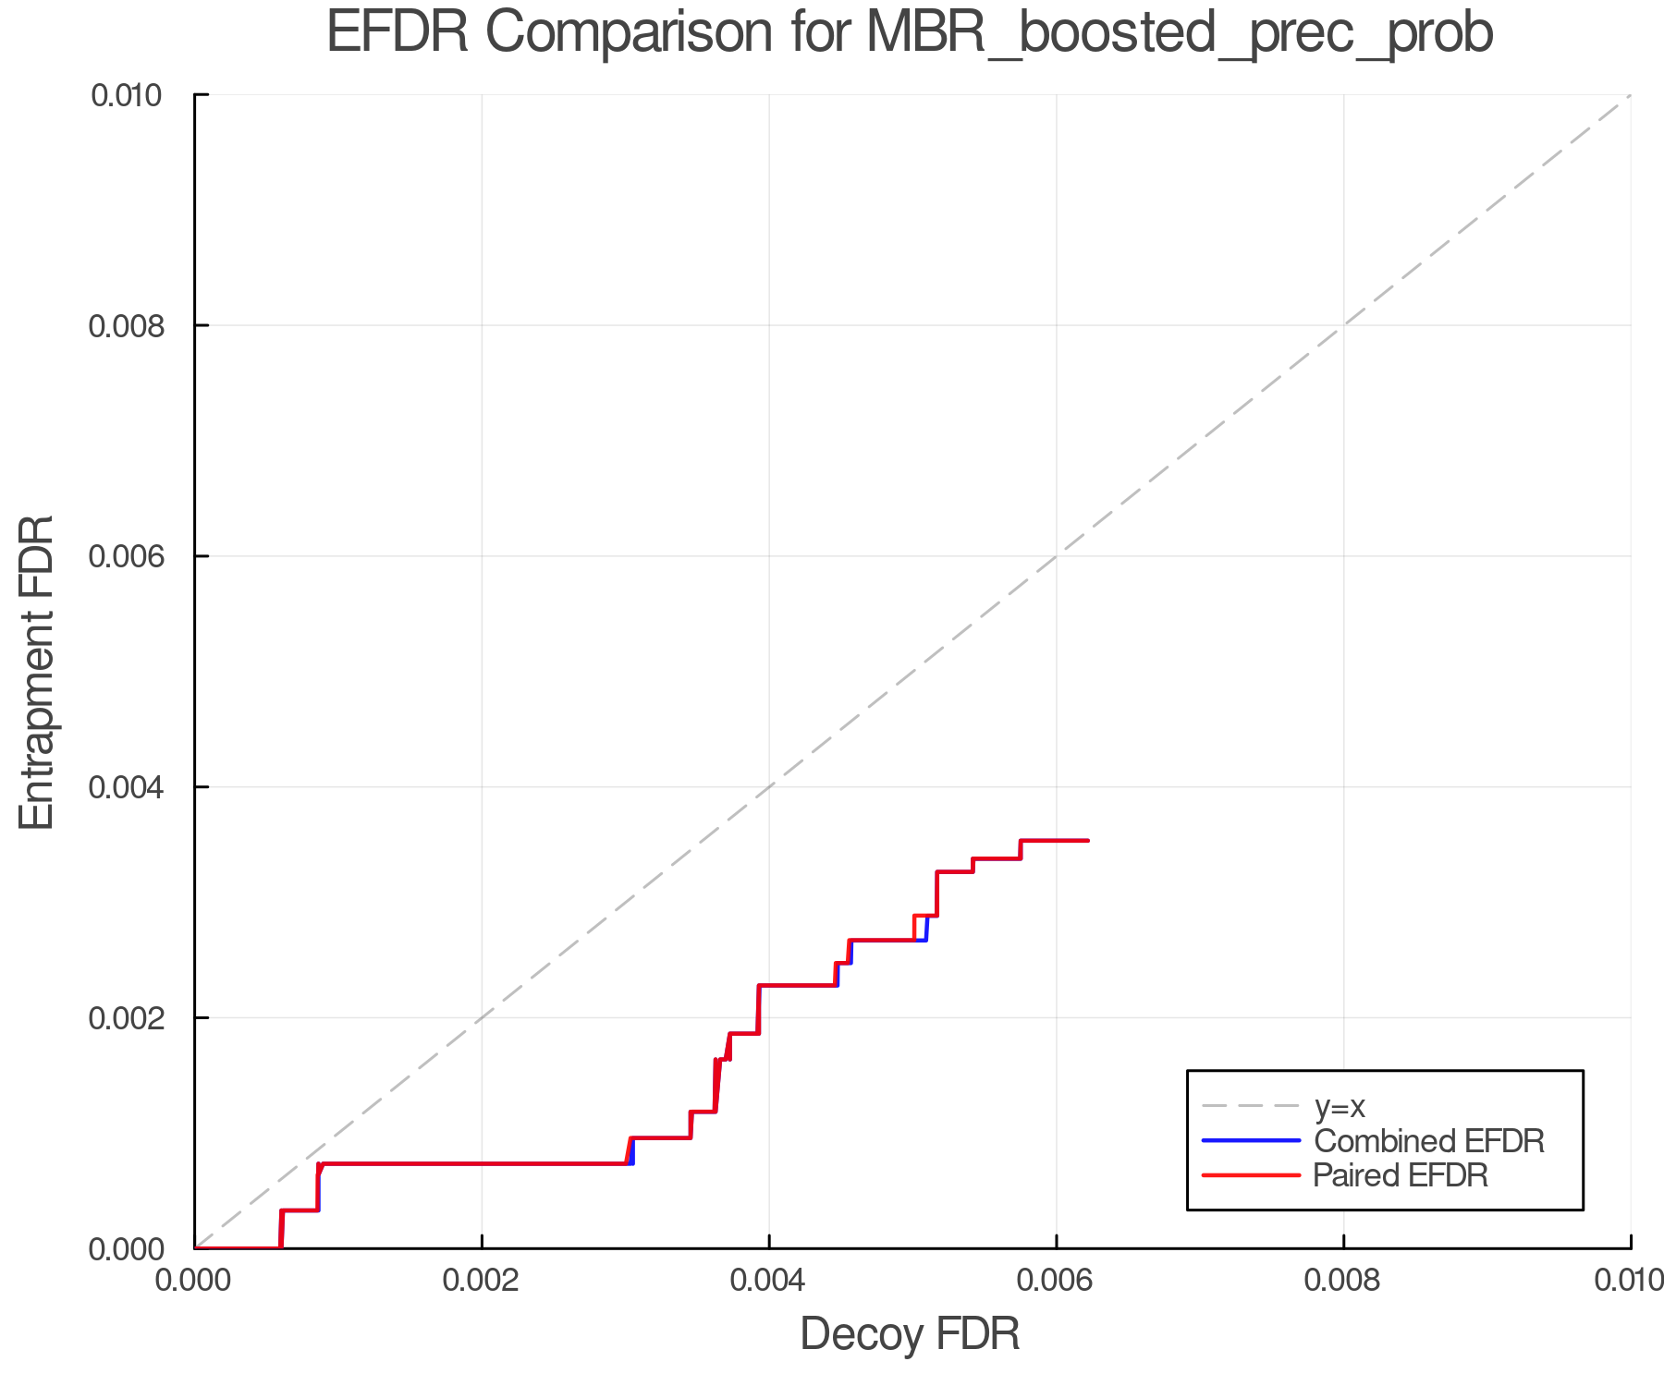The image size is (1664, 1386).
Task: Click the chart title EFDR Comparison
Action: (x=910, y=33)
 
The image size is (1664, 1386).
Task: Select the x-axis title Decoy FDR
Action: (x=910, y=1334)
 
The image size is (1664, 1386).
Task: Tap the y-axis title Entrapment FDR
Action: (x=37, y=672)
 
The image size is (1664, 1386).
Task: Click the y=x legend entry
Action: (x=1340, y=1106)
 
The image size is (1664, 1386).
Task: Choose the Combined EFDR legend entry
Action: (x=1428, y=1141)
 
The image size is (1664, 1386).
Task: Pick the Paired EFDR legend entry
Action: (x=1401, y=1175)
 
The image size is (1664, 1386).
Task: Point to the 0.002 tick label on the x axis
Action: (x=482, y=1281)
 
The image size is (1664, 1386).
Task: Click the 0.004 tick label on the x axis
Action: (x=769, y=1281)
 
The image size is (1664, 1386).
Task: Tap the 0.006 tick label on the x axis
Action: (x=1057, y=1281)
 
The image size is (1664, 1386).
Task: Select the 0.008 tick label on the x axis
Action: (x=1343, y=1281)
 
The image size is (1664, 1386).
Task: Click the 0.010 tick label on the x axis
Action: (x=1629, y=1281)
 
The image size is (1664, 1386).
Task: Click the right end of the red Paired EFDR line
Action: (x=1088, y=840)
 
